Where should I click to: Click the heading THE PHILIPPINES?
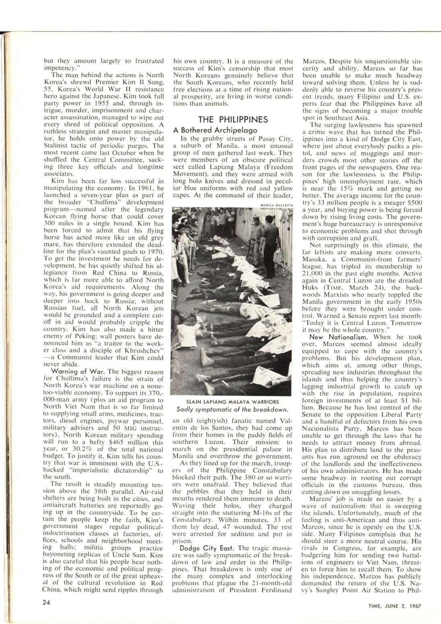coord(233,120)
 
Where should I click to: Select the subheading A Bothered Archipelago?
coord(215,130)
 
